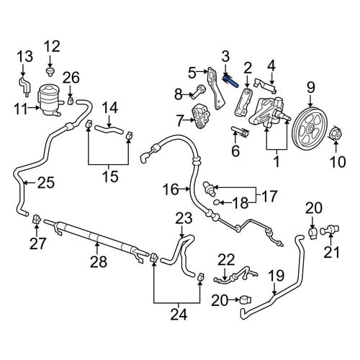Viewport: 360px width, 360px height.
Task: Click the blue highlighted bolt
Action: coord(230,81)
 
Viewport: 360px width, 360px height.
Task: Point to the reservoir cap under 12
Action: coord(50,71)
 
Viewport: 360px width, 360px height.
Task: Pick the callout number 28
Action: coord(99,261)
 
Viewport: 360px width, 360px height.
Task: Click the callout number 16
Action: coord(171,189)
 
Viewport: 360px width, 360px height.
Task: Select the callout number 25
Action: coord(46,183)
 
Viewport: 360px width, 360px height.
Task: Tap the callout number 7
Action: coord(180,120)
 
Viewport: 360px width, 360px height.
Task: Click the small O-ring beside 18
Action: coord(217,202)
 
